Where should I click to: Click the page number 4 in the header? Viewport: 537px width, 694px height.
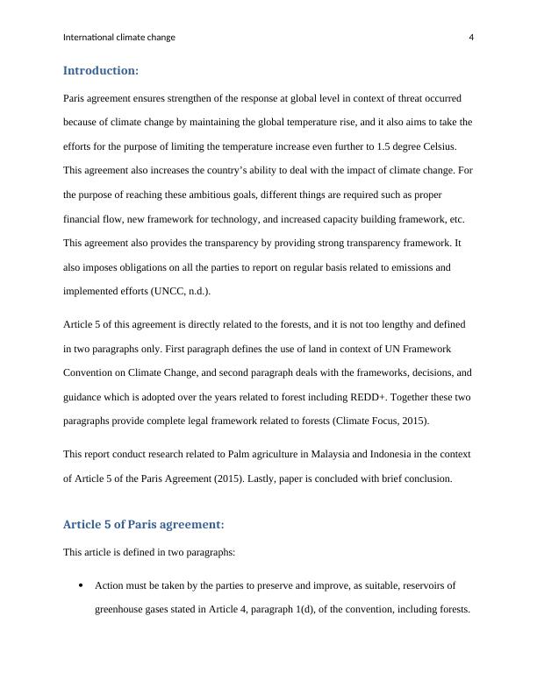(x=471, y=38)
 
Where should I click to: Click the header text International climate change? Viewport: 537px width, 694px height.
(x=119, y=38)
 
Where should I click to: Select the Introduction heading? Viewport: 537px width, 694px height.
(x=101, y=70)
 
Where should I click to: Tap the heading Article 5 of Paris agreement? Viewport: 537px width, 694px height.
(x=144, y=525)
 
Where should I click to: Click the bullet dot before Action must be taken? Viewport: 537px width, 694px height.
(x=80, y=584)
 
